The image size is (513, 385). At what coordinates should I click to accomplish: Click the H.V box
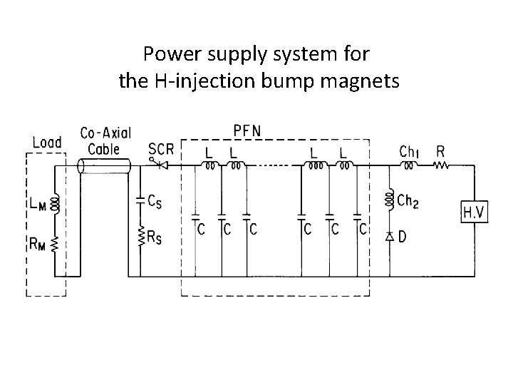click(477, 211)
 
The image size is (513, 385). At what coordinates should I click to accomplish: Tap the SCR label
click(161, 149)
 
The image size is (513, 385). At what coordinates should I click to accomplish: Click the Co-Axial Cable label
click(100, 141)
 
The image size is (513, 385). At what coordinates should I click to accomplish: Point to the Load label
click(47, 142)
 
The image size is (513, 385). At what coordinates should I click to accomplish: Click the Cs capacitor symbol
click(140, 201)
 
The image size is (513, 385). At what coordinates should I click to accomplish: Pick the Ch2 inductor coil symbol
click(389, 201)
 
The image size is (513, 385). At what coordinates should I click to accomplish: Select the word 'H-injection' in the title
click(201, 82)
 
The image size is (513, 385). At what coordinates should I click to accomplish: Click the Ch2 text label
click(408, 202)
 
